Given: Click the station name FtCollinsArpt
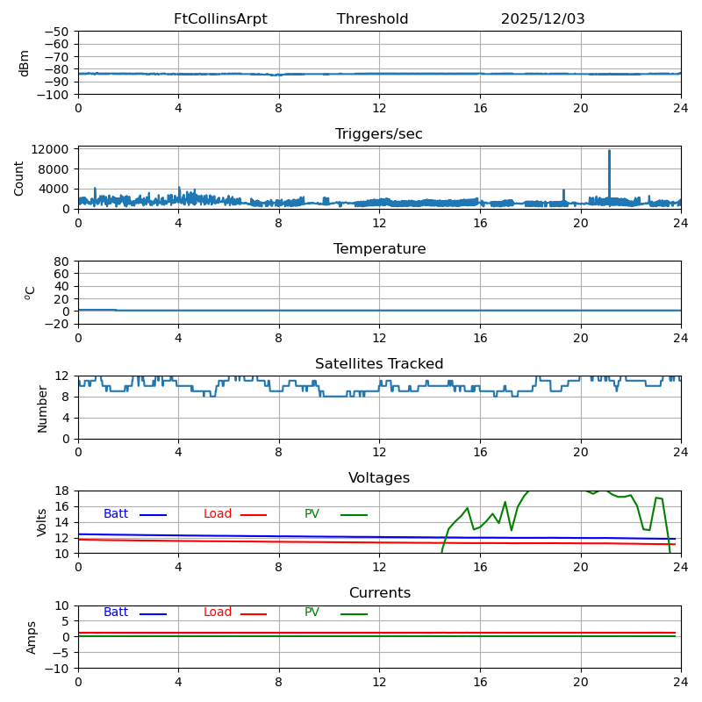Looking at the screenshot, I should pos(220,19).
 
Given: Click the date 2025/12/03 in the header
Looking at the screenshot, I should pos(542,19).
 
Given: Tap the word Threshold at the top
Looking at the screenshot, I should pos(372,19).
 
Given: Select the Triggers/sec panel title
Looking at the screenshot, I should pos(379,134).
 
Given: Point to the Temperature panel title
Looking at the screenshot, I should pos(379,249).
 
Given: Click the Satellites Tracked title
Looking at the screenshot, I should pos(379,364).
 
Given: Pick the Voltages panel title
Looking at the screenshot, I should pos(379,478).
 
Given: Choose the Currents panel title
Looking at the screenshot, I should pos(379,593).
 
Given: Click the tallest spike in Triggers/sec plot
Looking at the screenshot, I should pos(609,152).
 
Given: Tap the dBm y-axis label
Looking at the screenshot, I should pos(25,62).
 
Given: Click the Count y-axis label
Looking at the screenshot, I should pos(19,177).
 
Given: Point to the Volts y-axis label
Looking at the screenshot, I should pos(42,522).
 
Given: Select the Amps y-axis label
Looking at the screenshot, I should pos(32,637).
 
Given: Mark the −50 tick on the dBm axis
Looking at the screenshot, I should pos(57,32).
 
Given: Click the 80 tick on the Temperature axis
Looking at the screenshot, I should pos(62,261).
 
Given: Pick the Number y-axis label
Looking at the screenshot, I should pos(42,408).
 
